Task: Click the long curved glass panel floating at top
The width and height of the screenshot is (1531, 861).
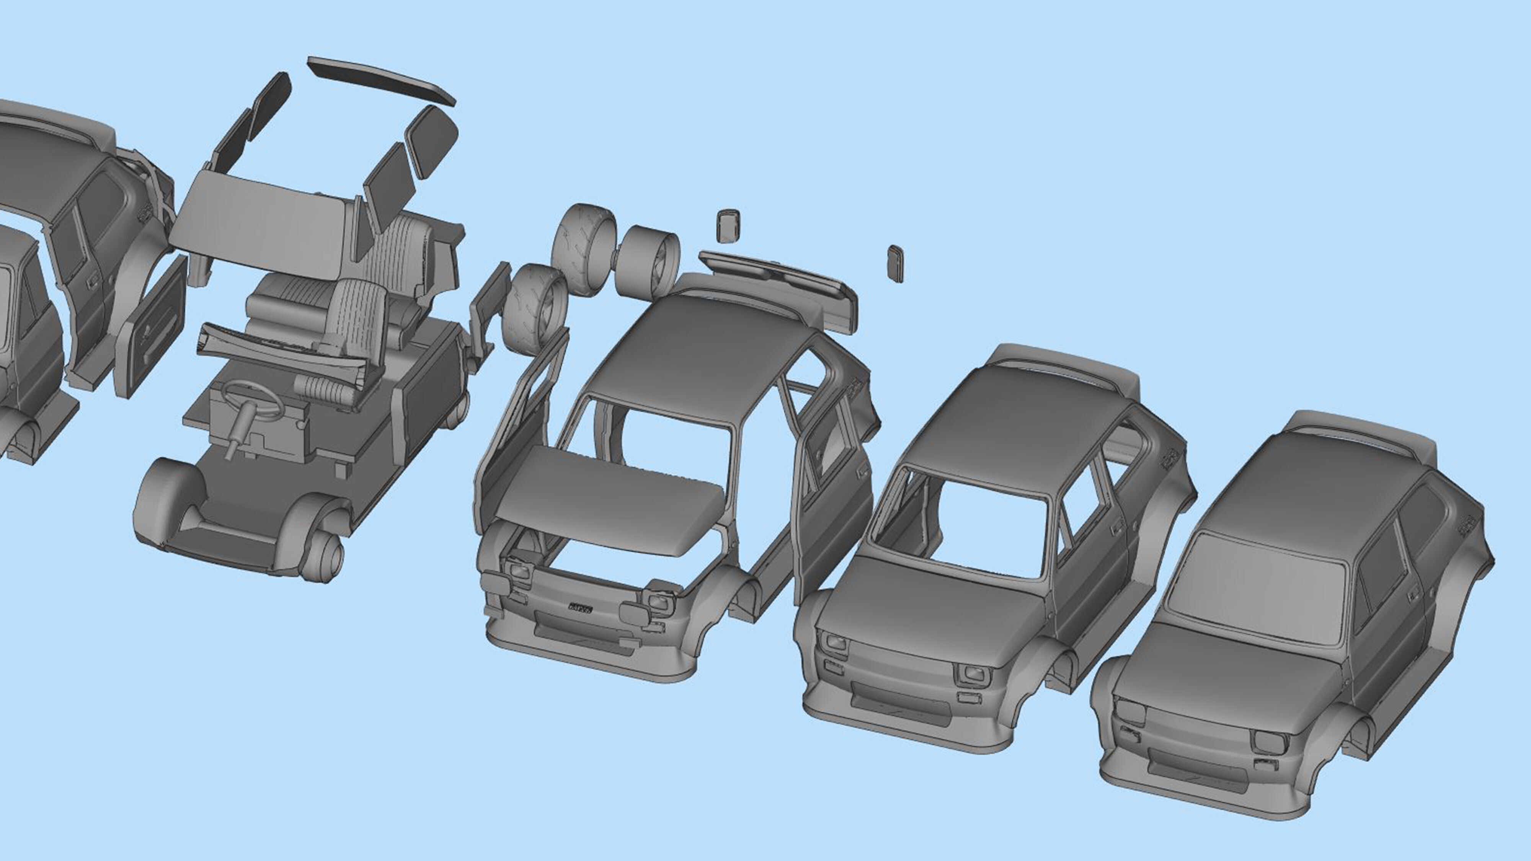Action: tap(380, 82)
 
